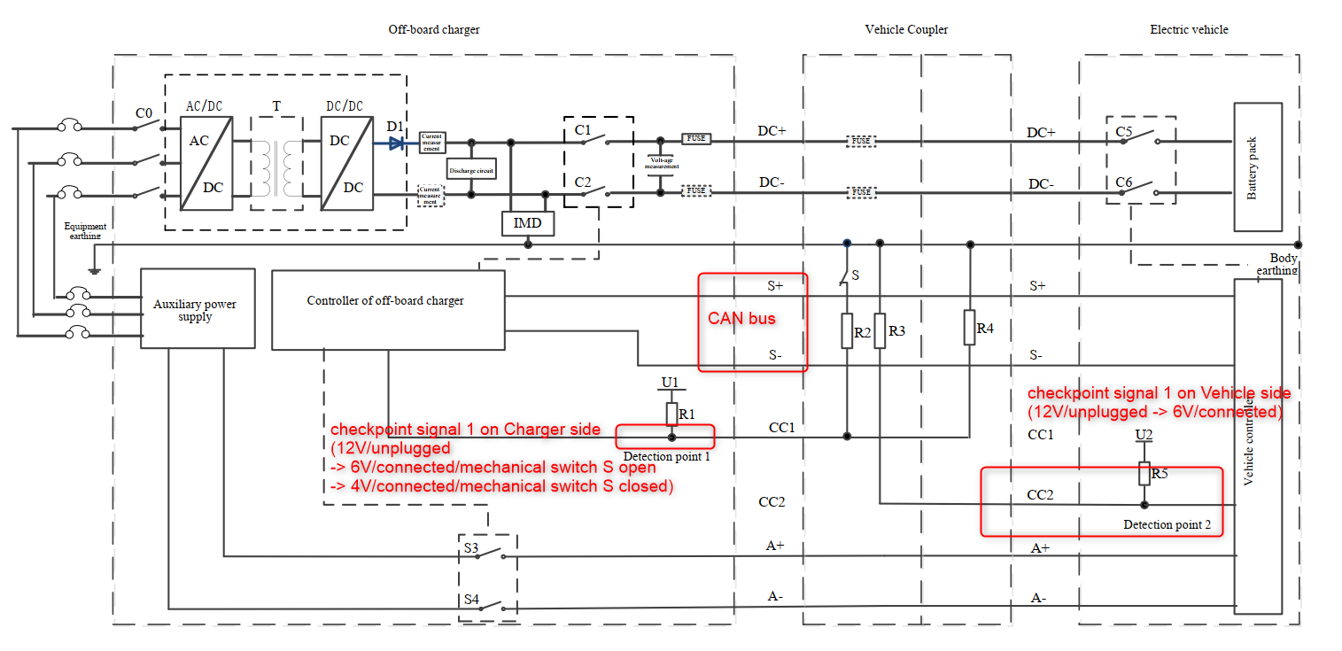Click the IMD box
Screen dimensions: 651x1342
tap(528, 224)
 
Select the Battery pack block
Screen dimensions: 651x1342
tap(1258, 167)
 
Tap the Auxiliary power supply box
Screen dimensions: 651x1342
tap(196, 309)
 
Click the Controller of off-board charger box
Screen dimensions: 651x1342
tap(387, 310)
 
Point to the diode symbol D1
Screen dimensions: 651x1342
tap(395, 141)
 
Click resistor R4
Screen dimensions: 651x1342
tap(970, 328)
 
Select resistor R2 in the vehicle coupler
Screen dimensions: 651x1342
tap(848, 330)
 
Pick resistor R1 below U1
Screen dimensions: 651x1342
tap(671, 414)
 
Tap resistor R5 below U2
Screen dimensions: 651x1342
tap(1144, 473)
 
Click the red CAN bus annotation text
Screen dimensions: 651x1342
tap(741, 318)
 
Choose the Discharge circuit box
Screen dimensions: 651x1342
tap(470, 168)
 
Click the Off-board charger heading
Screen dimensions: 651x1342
tap(434, 29)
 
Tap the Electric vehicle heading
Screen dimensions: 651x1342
tap(1189, 29)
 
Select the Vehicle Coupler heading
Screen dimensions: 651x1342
tap(906, 29)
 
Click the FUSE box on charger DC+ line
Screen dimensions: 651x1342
tap(696, 139)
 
